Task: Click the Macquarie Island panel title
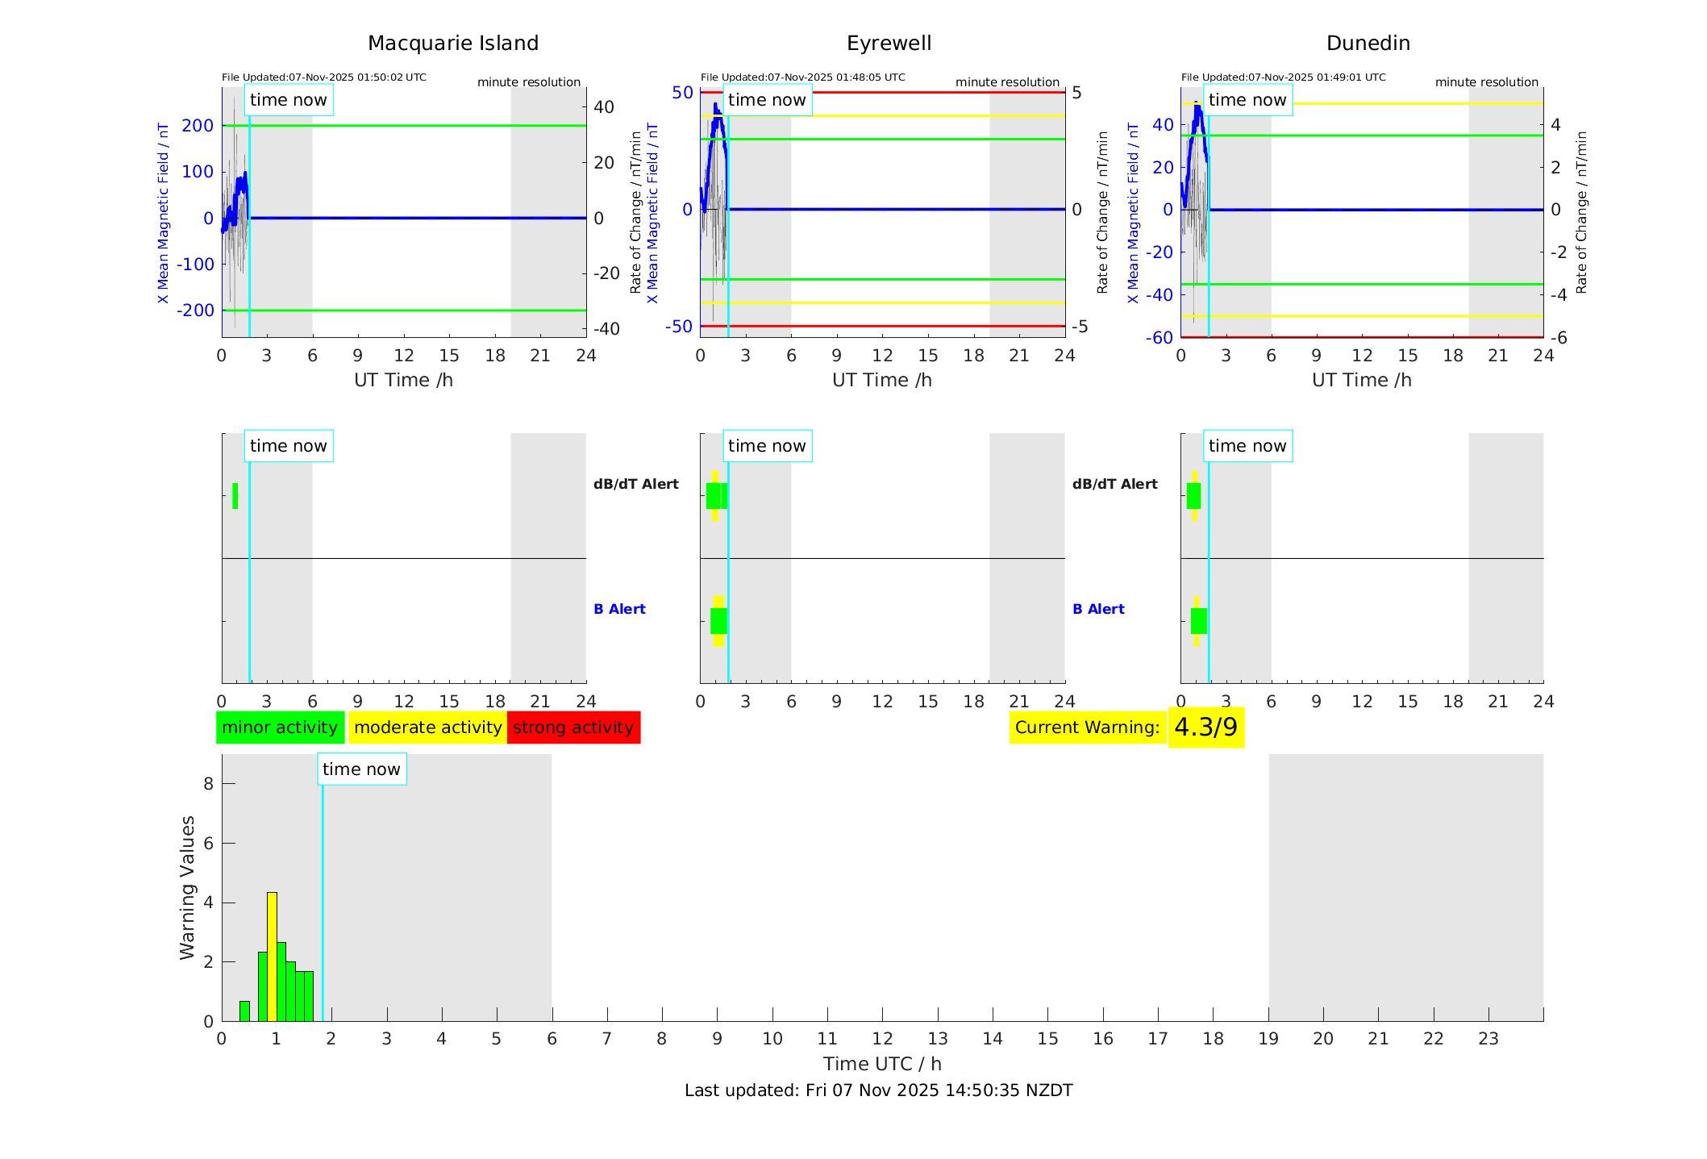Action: tap(452, 44)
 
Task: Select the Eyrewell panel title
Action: tap(889, 44)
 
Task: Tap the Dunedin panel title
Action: tap(1368, 44)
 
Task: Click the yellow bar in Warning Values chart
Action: tap(272, 956)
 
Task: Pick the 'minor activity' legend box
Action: tap(280, 728)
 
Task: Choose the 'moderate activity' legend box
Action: tap(427, 728)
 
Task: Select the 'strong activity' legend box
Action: tap(573, 728)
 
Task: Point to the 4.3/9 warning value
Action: tap(1205, 728)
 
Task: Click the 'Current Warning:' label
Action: tap(1087, 728)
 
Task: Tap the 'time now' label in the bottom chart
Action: tap(361, 769)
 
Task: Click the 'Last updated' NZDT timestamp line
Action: tap(878, 1090)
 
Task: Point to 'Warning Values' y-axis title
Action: tap(188, 887)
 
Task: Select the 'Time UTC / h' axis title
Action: tap(882, 1064)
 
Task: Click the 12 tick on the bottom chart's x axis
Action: tap(882, 1039)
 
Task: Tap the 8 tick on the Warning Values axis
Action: tap(208, 784)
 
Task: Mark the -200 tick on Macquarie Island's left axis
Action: tap(198, 311)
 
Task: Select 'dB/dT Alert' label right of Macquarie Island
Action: tap(635, 484)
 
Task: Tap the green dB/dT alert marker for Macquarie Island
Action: tap(235, 496)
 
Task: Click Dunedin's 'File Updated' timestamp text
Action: tap(1283, 77)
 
